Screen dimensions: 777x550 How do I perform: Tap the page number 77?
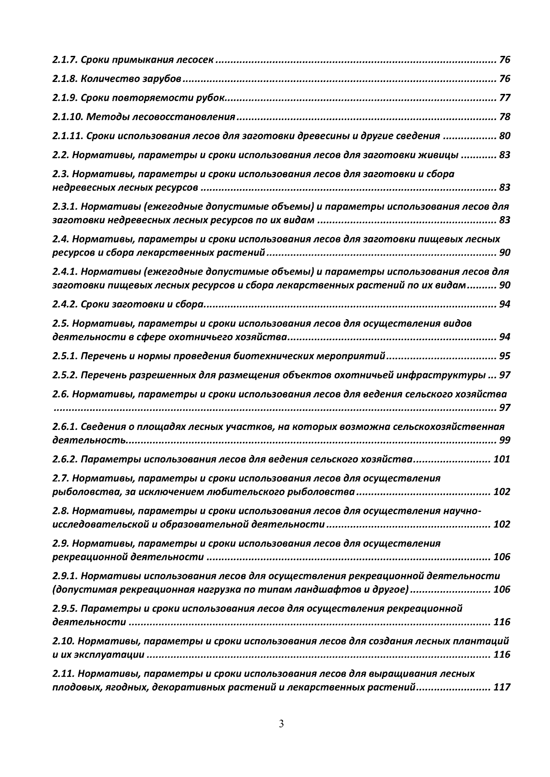pyautogui.click(x=505, y=98)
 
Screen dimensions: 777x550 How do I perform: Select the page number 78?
pyautogui.click(x=505, y=117)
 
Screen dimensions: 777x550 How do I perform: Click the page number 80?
pyautogui.click(x=505, y=136)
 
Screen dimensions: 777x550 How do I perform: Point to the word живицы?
pyautogui.click(x=439, y=155)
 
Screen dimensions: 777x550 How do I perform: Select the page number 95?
pyautogui.click(x=505, y=356)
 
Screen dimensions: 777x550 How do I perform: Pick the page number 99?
pyautogui.click(x=505, y=440)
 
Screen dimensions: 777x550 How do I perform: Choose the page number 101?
pyautogui.click(x=502, y=459)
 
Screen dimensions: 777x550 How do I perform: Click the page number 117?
pyautogui.click(x=502, y=687)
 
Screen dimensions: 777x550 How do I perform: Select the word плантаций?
pyautogui.click(x=484, y=641)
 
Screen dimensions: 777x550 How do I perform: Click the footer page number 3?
pyautogui.click(x=281, y=724)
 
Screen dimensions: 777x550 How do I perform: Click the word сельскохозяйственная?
pyautogui.click(x=447, y=427)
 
